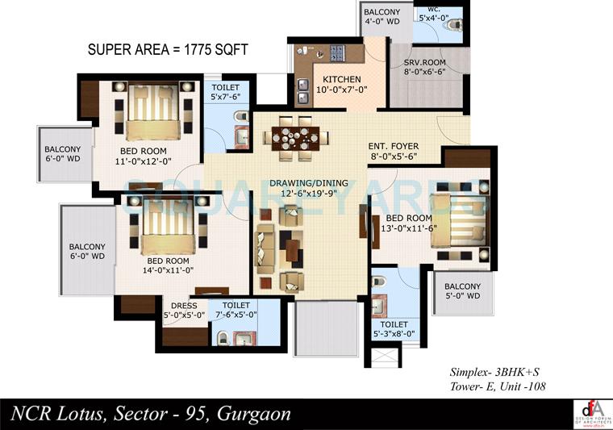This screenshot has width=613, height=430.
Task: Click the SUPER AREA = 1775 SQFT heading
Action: pos(167,50)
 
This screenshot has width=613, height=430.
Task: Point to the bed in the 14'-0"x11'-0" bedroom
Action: pos(168,228)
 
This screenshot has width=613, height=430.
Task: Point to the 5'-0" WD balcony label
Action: pos(461,291)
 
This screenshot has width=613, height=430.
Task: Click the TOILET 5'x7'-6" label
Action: pos(226,92)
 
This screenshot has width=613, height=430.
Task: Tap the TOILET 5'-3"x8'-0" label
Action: pos(394,328)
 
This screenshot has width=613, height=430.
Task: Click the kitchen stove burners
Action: pos(334,55)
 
